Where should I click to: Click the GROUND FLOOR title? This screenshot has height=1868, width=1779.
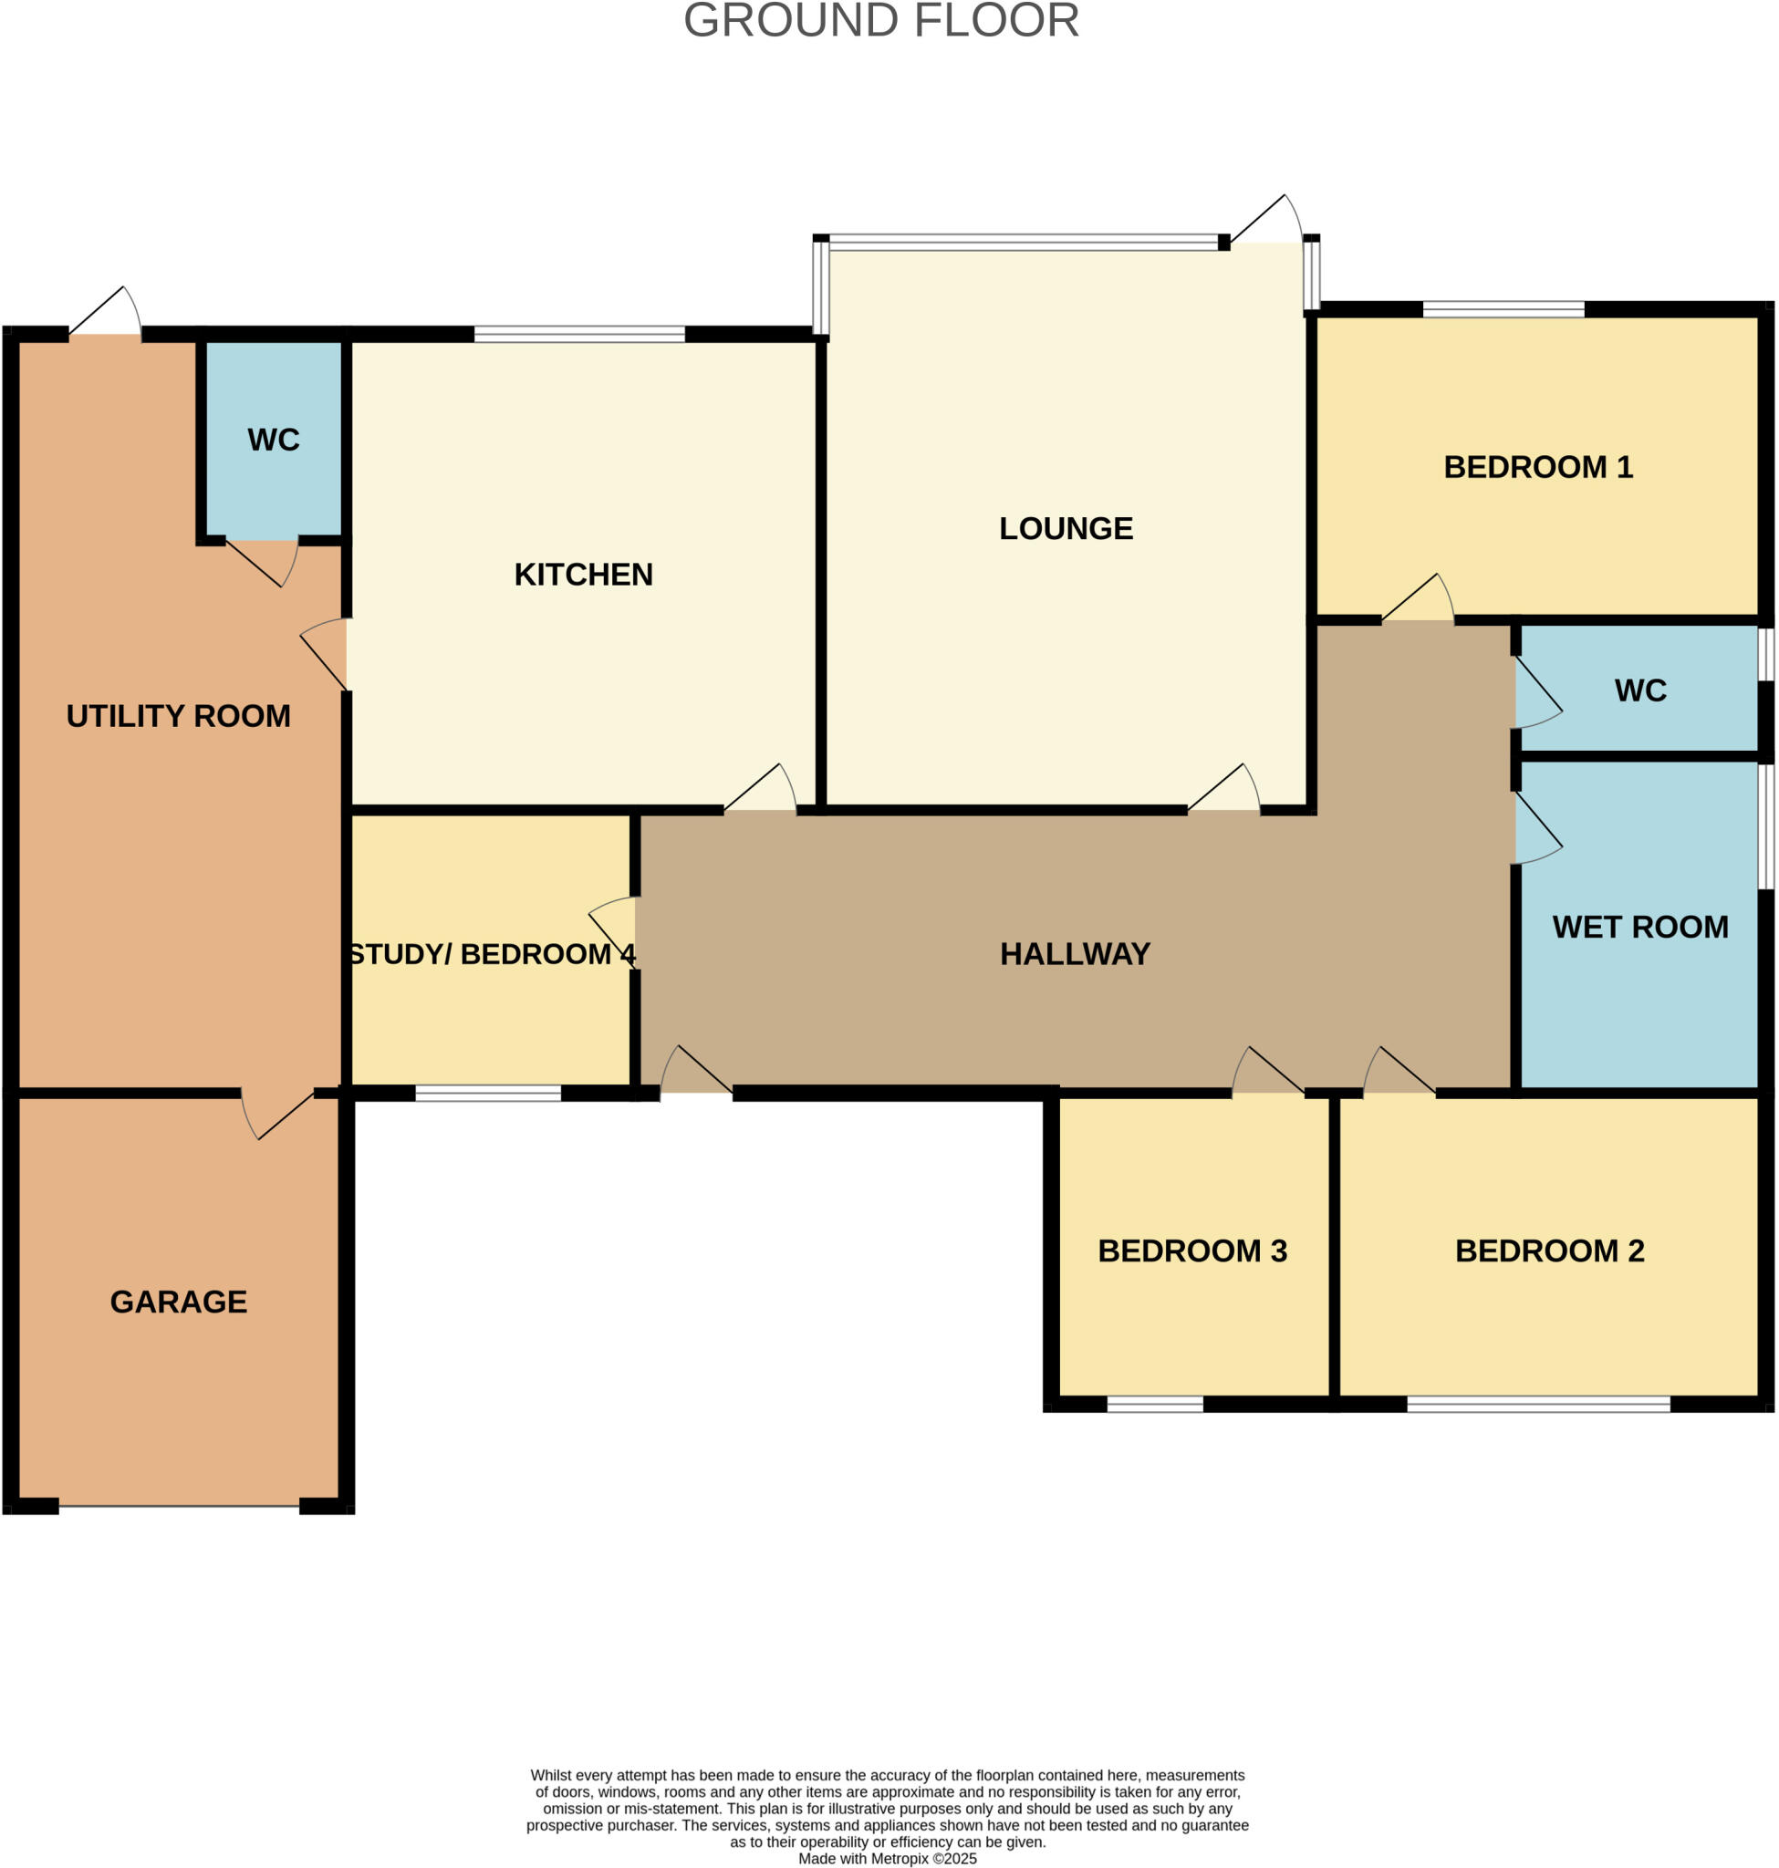pos(881,20)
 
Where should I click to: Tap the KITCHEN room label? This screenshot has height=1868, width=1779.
pos(583,575)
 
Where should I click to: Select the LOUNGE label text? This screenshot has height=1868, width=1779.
pos(1066,528)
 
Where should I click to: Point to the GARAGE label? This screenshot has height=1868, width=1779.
pos(178,1302)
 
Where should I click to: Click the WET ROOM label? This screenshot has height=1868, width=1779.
pos(1639,927)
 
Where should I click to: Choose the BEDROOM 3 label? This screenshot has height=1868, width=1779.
pos(1192,1251)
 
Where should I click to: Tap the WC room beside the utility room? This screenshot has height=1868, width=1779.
pos(273,440)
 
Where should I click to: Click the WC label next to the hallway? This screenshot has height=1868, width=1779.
pos(1639,690)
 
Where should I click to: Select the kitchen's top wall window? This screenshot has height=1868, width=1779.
pos(578,334)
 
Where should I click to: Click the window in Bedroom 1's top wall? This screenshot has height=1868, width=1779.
pos(1503,309)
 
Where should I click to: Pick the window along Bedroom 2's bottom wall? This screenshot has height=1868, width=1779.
pos(1537,1405)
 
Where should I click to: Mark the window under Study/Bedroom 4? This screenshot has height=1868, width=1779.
pos(488,1094)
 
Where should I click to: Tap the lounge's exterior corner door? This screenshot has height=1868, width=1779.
pos(1267,220)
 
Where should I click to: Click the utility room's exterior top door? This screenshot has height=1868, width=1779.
pos(105,313)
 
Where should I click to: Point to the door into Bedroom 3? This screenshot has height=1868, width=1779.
pos(1268,1073)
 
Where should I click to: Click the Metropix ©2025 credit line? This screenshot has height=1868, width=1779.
pos(887,1859)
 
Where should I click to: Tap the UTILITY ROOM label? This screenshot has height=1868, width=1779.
pos(178,716)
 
